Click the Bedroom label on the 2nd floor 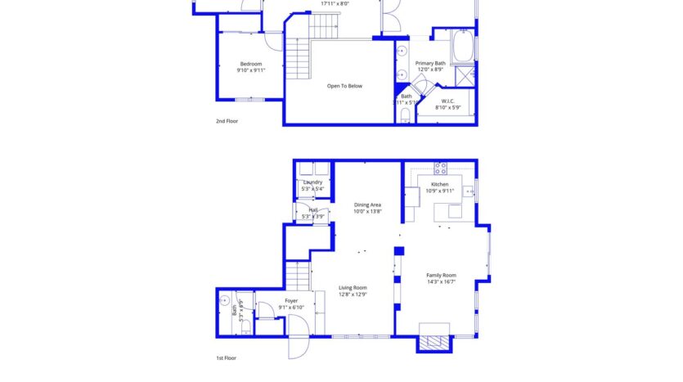tap(251, 64)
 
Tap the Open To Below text tap(344, 85)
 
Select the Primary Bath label tap(430, 63)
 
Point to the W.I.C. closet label tap(447, 101)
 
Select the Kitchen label tap(440, 185)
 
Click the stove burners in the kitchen tap(439, 169)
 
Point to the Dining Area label tap(367, 204)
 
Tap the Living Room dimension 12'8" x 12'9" tap(353, 294)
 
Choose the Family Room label tap(441, 275)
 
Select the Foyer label tap(291, 300)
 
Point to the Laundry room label tap(312, 182)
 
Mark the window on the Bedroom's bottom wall tap(249, 100)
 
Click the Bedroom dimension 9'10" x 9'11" tap(251, 70)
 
